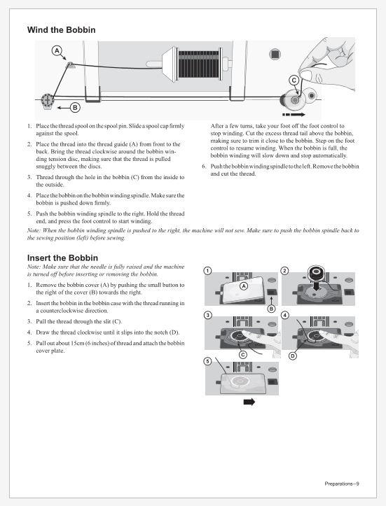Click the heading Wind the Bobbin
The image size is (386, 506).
pyautogui.click(x=62, y=30)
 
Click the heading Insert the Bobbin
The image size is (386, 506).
pyautogui.click(x=62, y=258)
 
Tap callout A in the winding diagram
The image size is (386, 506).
pyautogui.click(x=57, y=50)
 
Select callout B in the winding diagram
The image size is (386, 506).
pyautogui.click(x=75, y=108)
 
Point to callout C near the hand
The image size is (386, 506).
pyautogui.click(x=294, y=80)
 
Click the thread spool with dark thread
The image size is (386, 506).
pyautogui.click(x=199, y=64)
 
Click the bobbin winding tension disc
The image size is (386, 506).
pyautogui.click(x=47, y=101)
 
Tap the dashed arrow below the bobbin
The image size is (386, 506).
pyautogui.click(x=294, y=115)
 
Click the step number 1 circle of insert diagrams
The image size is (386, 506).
pyautogui.click(x=208, y=270)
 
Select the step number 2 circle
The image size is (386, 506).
pyautogui.click(x=284, y=270)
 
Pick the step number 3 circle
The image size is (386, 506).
pyautogui.click(x=208, y=315)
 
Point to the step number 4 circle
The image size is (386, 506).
pyautogui.click(x=284, y=315)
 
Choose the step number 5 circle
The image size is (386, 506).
pyautogui.click(x=208, y=361)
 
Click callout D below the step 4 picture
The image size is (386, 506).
pyautogui.click(x=292, y=356)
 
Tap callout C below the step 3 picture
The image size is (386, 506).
pyautogui.click(x=243, y=355)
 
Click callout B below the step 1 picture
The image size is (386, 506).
pyautogui.click(x=272, y=309)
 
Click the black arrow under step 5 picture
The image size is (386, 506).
pyautogui.click(x=249, y=402)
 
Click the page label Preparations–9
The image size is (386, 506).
pyautogui.click(x=342, y=484)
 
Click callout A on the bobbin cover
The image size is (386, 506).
pyautogui.click(x=244, y=286)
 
